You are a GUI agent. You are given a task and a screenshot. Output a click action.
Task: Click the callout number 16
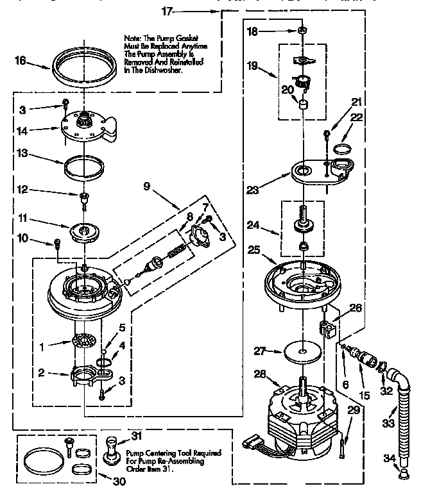point(21,62)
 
